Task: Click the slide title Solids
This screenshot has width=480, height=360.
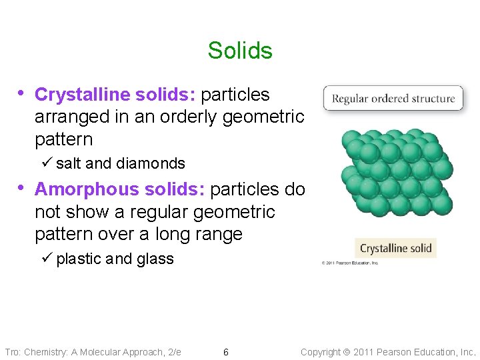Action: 240,51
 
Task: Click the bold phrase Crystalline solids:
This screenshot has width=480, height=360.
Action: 115,95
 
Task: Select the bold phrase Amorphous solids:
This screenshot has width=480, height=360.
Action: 119,189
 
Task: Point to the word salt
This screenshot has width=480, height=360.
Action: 69,163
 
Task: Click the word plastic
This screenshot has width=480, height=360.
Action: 79,259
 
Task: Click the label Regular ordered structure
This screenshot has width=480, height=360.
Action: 393,99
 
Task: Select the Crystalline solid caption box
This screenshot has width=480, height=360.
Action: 395,249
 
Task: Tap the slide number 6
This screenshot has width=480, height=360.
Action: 226,352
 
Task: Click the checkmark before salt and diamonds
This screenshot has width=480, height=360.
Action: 47,163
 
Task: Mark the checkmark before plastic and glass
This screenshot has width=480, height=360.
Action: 47,258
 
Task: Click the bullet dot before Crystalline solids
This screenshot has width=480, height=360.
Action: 22,93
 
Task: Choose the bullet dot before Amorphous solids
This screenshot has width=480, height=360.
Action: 22,188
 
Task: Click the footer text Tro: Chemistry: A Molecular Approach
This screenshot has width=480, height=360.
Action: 93,352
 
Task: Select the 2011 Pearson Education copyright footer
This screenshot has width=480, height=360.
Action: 388,352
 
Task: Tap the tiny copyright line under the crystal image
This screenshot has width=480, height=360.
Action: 350,263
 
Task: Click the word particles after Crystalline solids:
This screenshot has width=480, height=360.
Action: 235,95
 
